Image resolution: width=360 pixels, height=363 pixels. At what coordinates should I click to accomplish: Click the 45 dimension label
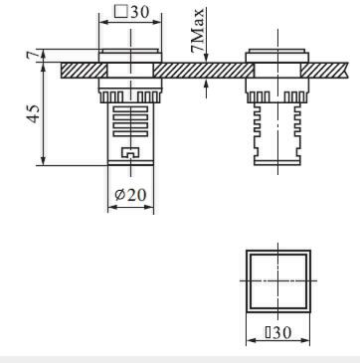(34, 113)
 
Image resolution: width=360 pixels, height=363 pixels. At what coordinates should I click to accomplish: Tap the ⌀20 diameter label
(130, 195)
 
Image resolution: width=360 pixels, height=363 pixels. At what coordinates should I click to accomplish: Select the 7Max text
(198, 31)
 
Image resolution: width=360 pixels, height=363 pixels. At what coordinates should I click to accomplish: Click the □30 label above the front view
(131, 12)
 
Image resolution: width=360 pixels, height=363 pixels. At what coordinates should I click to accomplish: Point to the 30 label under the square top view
(278, 332)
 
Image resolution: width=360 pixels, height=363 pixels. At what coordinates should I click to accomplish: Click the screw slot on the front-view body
(130, 152)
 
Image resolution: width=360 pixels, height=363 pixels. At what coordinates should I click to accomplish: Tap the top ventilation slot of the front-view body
(130, 109)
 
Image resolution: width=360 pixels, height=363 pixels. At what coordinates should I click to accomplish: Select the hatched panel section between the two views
(204, 71)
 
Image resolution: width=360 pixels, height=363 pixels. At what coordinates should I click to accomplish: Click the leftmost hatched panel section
(84, 71)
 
